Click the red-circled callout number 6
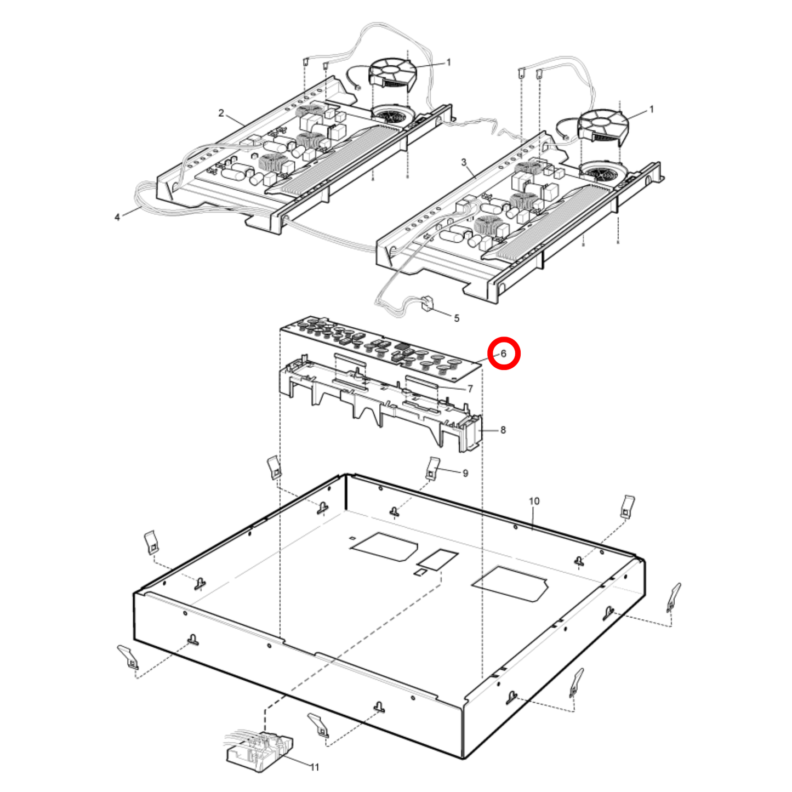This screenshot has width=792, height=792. pos(504,354)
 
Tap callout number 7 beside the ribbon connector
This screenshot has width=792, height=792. pos(470,389)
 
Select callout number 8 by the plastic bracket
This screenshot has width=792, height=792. pos(503,430)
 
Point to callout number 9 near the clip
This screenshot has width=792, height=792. pos(465,473)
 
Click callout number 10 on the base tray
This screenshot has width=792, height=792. pos(534,501)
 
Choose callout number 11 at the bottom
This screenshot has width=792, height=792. pos(315,767)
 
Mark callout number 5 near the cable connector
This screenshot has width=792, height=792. pos(457,318)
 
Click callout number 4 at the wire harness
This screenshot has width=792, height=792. pos(117,217)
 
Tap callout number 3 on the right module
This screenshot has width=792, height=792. pos(464,162)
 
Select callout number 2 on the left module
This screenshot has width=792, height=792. pos(221,113)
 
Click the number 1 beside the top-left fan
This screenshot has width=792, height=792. pos(448,62)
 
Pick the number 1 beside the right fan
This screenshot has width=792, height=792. pos(651,110)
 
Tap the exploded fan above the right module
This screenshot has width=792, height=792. pos(603,126)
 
